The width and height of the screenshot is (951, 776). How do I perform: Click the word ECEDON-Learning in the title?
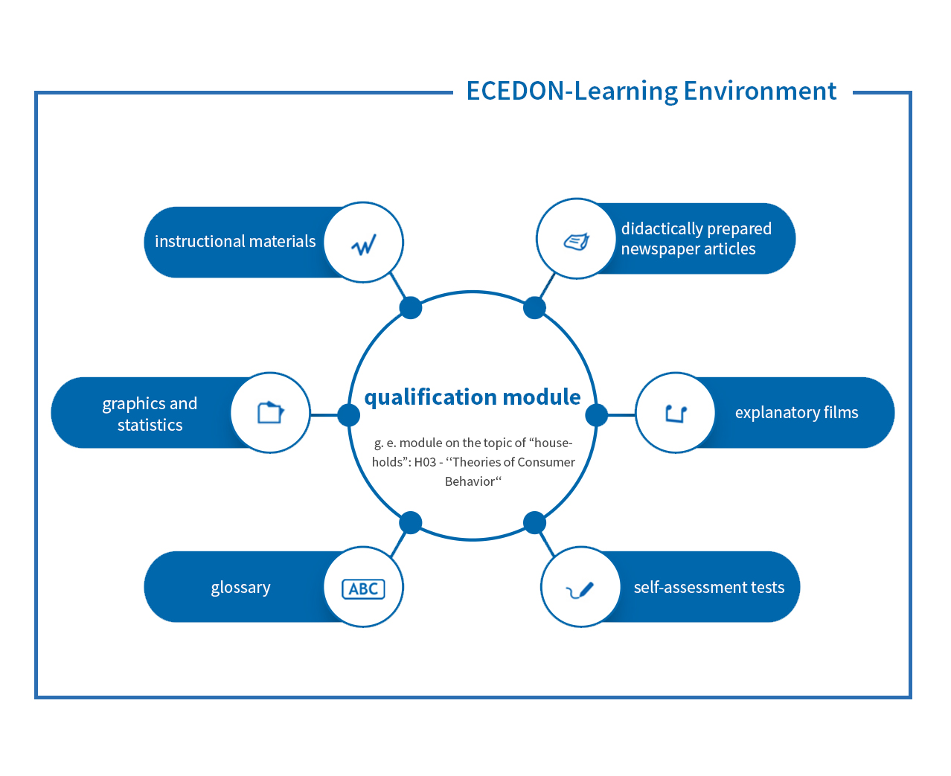point(571,92)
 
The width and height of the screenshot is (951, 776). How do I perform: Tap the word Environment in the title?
point(760,91)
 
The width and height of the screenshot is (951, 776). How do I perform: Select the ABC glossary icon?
point(363,589)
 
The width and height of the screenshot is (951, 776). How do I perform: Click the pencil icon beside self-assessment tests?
point(580,590)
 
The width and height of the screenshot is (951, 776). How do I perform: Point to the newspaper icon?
point(576,241)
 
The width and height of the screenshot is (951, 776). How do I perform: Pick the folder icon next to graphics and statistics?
point(271,412)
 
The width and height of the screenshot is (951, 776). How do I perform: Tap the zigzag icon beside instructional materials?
point(363,244)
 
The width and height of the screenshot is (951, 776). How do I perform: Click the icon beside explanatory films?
point(676,414)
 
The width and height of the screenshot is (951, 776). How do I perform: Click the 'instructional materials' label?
point(235,241)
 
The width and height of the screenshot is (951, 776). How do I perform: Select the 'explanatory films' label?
point(796,413)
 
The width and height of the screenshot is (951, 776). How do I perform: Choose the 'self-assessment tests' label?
point(709,587)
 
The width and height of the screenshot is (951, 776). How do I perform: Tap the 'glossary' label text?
point(241,588)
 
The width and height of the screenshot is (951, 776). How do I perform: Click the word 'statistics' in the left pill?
point(150,425)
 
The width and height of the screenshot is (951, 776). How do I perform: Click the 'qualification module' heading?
point(472,397)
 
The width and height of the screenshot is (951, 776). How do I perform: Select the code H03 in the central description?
point(425,462)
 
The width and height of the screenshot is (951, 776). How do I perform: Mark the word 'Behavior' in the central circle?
point(470,481)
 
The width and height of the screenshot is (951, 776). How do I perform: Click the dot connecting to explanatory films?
point(596,415)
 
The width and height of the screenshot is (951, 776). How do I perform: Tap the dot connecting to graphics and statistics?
point(348,415)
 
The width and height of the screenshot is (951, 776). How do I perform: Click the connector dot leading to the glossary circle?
point(411,522)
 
